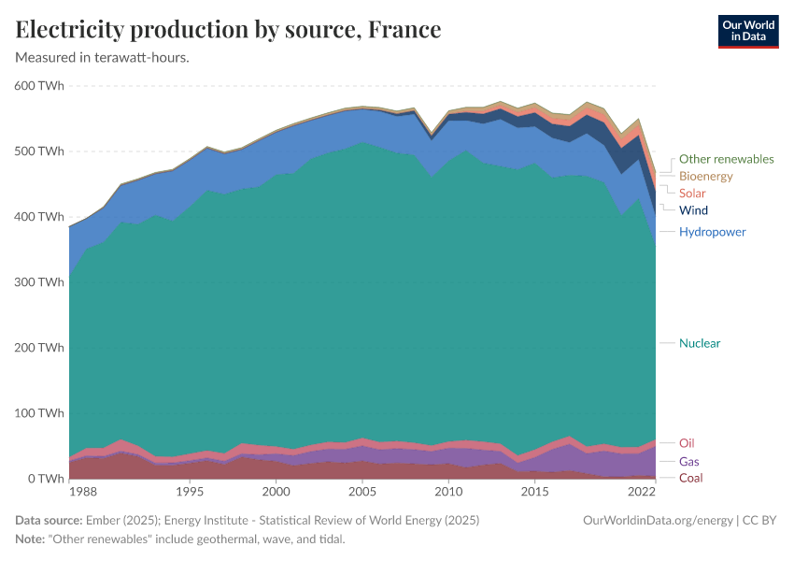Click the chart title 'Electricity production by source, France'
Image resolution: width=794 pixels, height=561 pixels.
click(228, 30)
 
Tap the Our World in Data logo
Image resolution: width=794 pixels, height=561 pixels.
click(747, 31)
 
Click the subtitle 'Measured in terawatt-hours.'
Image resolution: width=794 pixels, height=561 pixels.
click(103, 58)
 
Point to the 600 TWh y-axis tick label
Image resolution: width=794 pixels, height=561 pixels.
click(39, 86)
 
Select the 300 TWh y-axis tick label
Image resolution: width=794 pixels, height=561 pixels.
click(39, 282)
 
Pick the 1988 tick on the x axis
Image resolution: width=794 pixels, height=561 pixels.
click(82, 492)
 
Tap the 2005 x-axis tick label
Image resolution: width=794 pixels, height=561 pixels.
click(362, 492)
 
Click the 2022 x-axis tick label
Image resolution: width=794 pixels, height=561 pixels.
click(641, 492)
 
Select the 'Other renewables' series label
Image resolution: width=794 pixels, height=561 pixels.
click(726, 159)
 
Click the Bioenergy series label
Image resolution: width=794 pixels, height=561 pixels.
click(705, 176)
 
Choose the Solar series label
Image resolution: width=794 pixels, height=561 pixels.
click(693, 193)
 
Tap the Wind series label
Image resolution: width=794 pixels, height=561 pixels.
click(693, 210)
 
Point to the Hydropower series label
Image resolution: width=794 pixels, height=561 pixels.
click(712, 231)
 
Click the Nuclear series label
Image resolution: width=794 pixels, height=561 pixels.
click(700, 343)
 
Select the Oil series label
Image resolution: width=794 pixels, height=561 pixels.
click(687, 442)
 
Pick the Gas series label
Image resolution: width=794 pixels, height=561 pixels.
click(688, 461)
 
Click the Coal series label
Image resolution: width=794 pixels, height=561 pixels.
click(690, 478)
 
